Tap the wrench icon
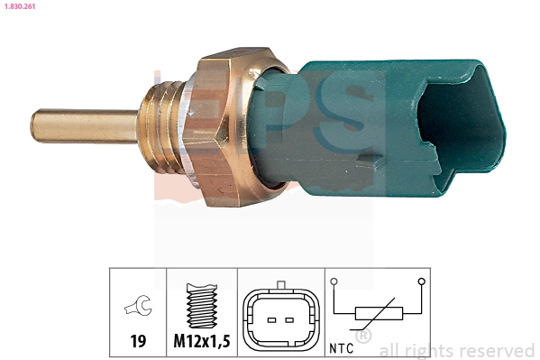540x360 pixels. pyautogui.click(x=138, y=309)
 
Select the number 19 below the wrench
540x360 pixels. pyautogui.click(x=138, y=342)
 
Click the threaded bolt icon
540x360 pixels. pyautogui.click(x=202, y=308)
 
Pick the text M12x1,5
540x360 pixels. pyautogui.click(x=202, y=342)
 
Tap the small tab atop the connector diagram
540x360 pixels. pyautogui.click(x=280, y=288)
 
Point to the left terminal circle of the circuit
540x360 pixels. pyautogui.click(x=334, y=282)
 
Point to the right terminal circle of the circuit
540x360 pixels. pyautogui.click(x=421, y=282)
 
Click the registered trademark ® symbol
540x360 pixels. pyautogui.click(x=363, y=337)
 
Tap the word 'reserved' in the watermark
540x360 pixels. pyautogui.click(x=497, y=351)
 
